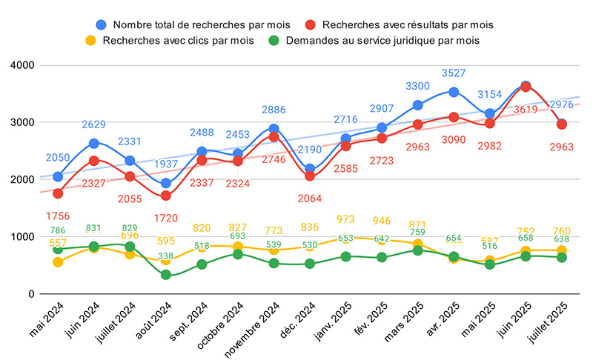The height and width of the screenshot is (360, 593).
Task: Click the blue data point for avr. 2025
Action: (x=454, y=93)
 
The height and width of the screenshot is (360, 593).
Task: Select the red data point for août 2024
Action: (x=166, y=196)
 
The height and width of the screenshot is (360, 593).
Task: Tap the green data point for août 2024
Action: (x=166, y=275)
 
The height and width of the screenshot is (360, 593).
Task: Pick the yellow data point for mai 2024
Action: (x=58, y=262)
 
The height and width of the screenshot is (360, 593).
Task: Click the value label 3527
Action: (x=454, y=73)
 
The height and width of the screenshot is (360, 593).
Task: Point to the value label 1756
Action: (x=58, y=217)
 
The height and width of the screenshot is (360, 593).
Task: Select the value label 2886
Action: (x=274, y=110)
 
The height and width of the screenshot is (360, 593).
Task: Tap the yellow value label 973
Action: (x=345, y=219)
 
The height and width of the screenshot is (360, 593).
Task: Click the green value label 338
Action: (x=166, y=256)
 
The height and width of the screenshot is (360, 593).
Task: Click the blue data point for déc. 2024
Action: (x=310, y=169)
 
